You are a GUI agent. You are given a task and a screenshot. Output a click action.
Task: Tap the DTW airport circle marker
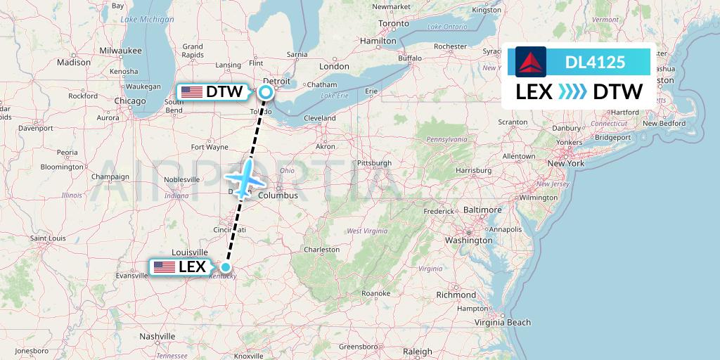pyautogui.click(x=266, y=91)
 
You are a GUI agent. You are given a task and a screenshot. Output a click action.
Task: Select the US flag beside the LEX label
pyautogui.click(x=165, y=267)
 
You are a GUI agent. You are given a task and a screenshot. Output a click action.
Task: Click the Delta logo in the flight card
pyautogui.click(x=530, y=62)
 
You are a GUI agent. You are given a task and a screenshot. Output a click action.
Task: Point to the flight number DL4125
pyautogui.click(x=595, y=62)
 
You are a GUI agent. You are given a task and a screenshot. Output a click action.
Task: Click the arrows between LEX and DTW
pyautogui.click(x=572, y=92)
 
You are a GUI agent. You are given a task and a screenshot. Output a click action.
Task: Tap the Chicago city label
pyautogui.click(x=130, y=101)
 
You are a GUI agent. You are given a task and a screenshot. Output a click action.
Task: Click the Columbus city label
pyautogui.click(x=278, y=195)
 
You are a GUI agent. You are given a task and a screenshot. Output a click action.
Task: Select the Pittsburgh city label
pyautogui.click(x=375, y=163)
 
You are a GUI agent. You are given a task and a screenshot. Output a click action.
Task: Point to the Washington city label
pyautogui.click(x=468, y=240)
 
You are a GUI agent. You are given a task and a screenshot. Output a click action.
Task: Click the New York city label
pyautogui.click(x=566, y=163)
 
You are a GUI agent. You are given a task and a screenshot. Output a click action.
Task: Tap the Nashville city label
pyautogui.click(x=157, y=337)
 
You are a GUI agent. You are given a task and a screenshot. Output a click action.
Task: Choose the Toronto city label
pyautogui.click(x=394, y=23)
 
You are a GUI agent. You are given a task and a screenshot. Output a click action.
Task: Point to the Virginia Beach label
pyautogui.click(x=503, y=322)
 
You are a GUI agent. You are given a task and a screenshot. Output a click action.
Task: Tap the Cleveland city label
pyautogui.click(x=320, y=118)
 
